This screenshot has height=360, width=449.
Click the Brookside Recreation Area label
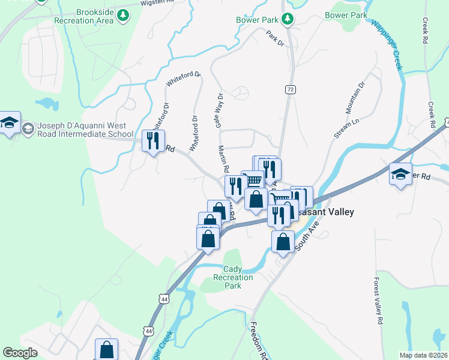pyautogui.click(x=92, y=16)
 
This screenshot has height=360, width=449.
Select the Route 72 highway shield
pyautogui.click(x=291, y=89)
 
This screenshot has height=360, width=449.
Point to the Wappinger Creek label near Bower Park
pyautogui.click(x=387, y=45)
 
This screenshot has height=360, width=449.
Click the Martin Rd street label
pyautogui.click(x=224, y=159)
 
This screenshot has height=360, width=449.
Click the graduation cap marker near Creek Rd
pyautogui.click(x=400, y=174)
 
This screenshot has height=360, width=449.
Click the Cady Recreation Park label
pyautogui.click(x=232, y=278)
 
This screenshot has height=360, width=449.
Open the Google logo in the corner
pyautogui.click(x=20, y=353)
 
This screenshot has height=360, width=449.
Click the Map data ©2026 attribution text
pyautogui.click(x=423, y=355)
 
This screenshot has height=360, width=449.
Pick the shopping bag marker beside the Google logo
pyautogui.click(x=106, y=349)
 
